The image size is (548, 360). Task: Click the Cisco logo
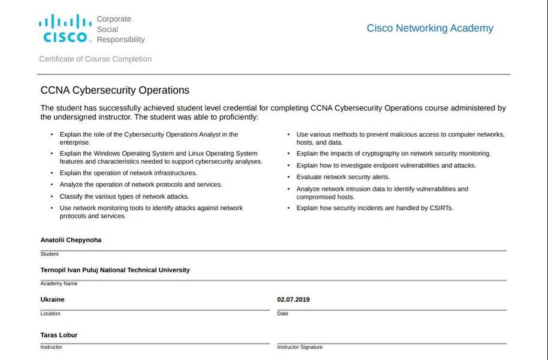click(x=65, y=29)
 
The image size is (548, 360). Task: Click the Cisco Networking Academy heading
click(x=430, y=28)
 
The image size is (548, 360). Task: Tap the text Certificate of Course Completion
click(x=95, y=59)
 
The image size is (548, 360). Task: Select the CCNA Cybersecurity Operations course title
click(x=115, y=91)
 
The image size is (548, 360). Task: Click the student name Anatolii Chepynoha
click(x=71, y=240)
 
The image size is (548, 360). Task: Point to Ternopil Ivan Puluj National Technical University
click(x=115, y=270)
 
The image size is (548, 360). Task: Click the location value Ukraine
click(x=52, y=299)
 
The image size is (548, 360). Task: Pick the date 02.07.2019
click(x=293, y=299)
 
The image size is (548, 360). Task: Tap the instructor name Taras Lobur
click(x=59, y=335)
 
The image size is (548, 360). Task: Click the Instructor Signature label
click(x=299, y=347)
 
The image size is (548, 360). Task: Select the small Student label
click(x=49, y=254)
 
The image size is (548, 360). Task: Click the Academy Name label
click(x=59, y=284)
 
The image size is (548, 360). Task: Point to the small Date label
click(x=282, y=314)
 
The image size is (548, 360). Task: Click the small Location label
click(x=50, y=314)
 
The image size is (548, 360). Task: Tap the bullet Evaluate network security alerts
click(x=343, y=177)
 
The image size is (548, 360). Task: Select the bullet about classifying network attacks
click(x=124, y=196)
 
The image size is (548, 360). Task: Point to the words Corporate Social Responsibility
click(x=121, y=29)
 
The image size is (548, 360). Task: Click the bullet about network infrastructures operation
click(x=128, y=173)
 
